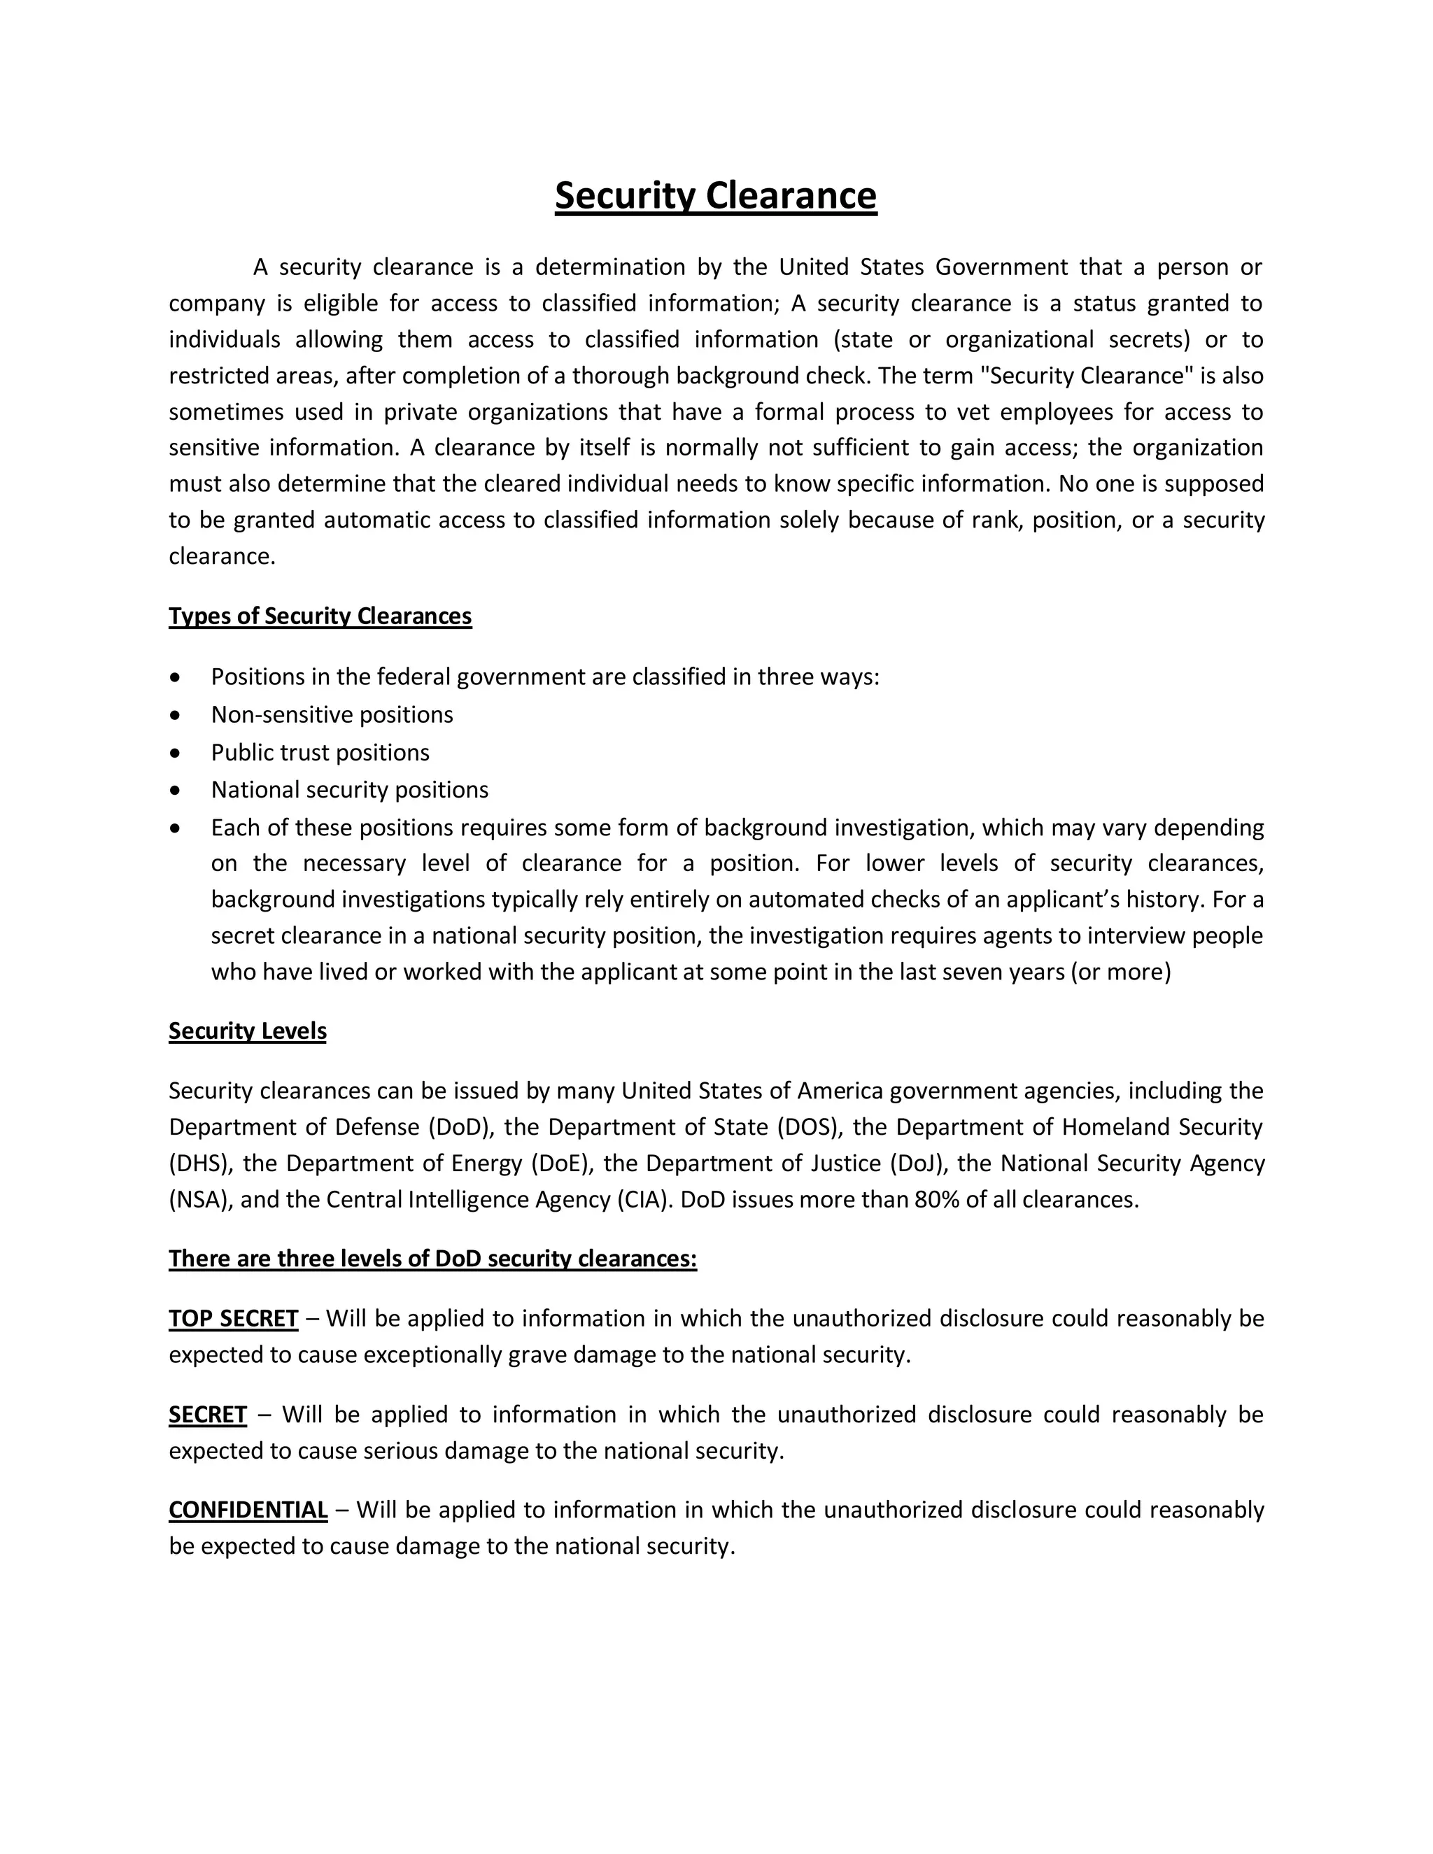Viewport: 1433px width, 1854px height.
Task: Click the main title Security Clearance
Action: point(716,195)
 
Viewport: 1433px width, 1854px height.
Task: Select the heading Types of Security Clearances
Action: point(320,616)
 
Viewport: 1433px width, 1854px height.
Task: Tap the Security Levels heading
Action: point(247,1031)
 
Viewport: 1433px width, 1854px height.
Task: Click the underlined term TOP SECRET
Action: point(234,1318)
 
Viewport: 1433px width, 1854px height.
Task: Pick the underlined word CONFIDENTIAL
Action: point(248,1510)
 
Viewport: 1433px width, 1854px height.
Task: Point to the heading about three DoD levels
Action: point(432,1258)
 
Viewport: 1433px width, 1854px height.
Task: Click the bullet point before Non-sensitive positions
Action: point(175,716)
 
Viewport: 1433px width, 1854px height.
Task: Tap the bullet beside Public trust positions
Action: point(175,753)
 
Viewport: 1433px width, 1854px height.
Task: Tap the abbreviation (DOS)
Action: point(808,1127)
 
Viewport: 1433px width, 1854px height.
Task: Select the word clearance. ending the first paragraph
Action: point(223,556)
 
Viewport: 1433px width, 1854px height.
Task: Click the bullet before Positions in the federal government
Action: point(175,677)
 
